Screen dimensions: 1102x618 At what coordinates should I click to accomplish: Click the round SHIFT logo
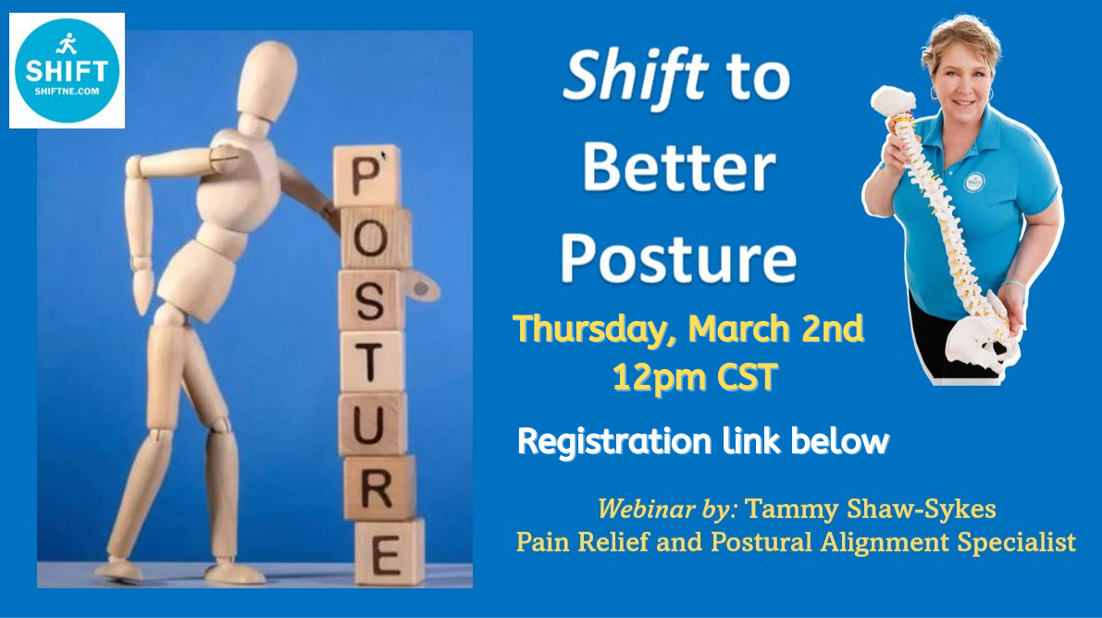67,70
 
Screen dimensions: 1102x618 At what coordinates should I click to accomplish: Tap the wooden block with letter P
366,176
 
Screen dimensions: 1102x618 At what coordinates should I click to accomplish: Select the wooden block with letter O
375,238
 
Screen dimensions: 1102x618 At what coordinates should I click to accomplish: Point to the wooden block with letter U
373,423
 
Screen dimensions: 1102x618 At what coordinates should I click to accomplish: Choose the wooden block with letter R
379,488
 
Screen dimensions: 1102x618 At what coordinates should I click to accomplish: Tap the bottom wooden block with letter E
390,552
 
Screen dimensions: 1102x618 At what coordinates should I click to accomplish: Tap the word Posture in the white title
678,258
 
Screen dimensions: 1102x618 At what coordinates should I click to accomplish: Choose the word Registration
614,441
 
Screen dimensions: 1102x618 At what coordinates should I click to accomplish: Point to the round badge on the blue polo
973,182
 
